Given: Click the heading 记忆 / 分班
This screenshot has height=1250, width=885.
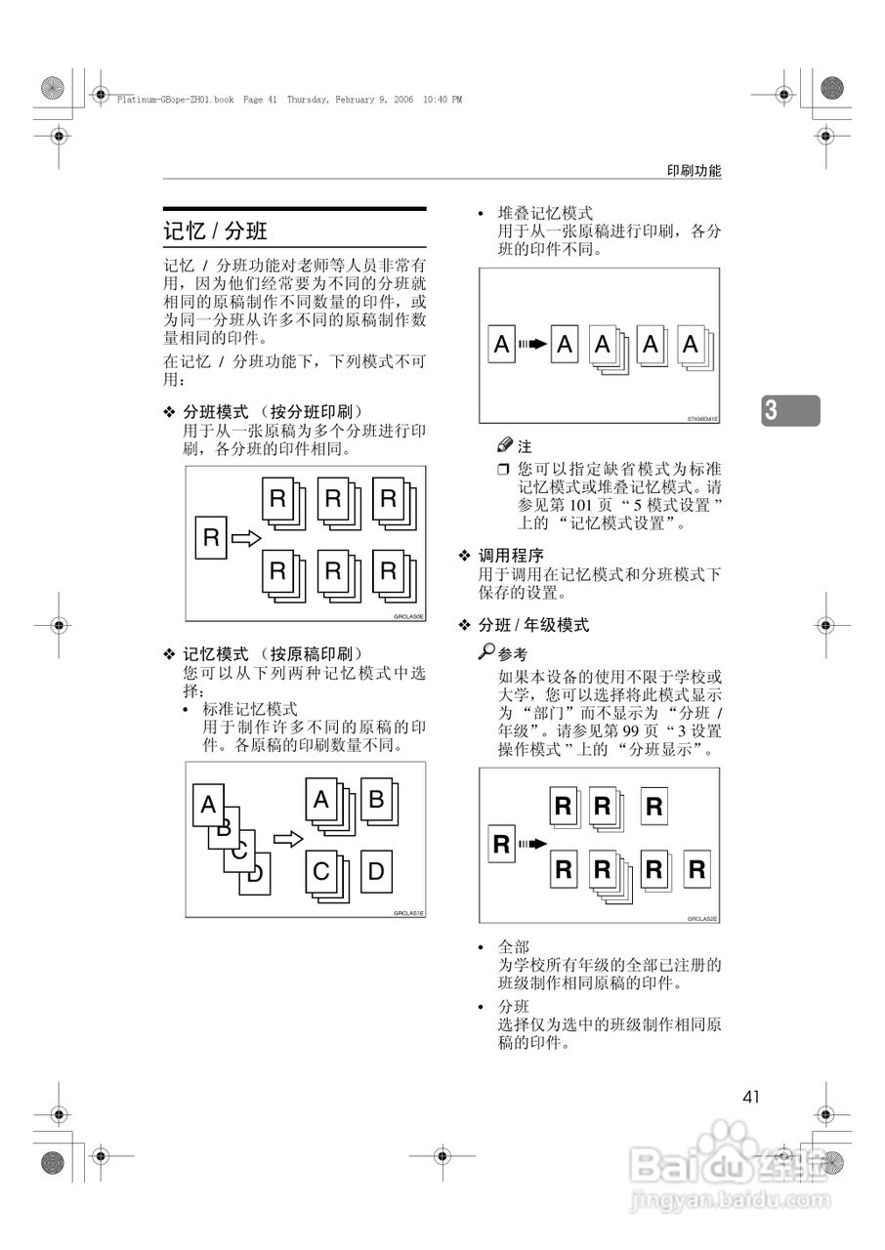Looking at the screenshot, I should (215, 231).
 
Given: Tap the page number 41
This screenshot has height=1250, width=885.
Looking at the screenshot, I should (750, 1097).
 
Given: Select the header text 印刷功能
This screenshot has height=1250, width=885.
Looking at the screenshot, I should (694, 170).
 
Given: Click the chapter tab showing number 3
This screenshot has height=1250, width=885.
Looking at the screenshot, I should (790, 410).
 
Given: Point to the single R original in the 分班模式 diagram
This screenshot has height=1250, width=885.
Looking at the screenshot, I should (210, 538).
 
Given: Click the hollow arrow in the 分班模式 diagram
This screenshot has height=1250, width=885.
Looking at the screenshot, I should (248, 538).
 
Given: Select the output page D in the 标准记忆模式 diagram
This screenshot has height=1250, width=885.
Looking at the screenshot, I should (376, 871).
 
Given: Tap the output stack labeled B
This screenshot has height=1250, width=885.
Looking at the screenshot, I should (376, 802).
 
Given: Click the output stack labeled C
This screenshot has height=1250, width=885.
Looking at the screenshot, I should (322, 872).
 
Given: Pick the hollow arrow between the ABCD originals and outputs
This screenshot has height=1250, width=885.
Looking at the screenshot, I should (287, 838).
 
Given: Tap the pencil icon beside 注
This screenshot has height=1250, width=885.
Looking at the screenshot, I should (505, 445).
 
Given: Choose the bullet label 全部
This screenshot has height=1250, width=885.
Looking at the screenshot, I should (514, 947).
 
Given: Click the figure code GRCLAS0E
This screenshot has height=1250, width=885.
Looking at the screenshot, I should (408, 616).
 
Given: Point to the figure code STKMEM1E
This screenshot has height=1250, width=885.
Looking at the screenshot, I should (701, 418).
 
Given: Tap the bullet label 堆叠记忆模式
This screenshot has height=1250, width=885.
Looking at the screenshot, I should (545, 212).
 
